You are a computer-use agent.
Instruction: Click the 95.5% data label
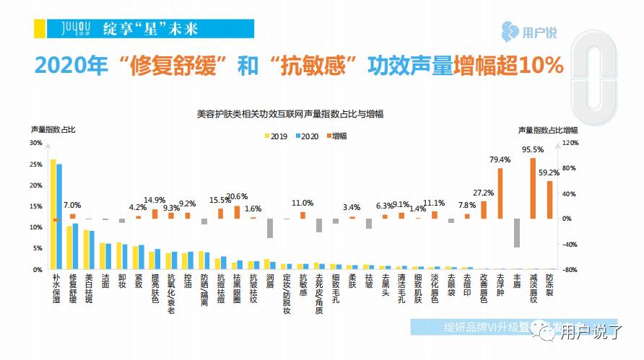[x=532, y=150]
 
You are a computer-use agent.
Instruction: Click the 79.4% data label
[x=500, y=160]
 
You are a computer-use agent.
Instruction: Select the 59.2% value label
[x=549, y=172]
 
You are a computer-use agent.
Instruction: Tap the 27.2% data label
[x=483, y=193]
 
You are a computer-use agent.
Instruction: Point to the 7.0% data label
[x=72, y=205]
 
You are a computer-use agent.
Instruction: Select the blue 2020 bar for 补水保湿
[x=59, y=216]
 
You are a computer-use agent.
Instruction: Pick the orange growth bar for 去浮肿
[x=500, y=193]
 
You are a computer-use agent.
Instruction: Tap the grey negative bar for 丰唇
[x=516, y=232]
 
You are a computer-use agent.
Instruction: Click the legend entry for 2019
[x=275, y=136]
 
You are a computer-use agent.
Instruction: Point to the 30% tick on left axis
[x=35, y=143]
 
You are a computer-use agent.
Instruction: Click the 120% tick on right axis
[x=570, y=143]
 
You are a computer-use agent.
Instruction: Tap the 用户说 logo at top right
[x=534, y=32]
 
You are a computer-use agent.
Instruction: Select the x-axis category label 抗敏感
[x=303, y=286]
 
